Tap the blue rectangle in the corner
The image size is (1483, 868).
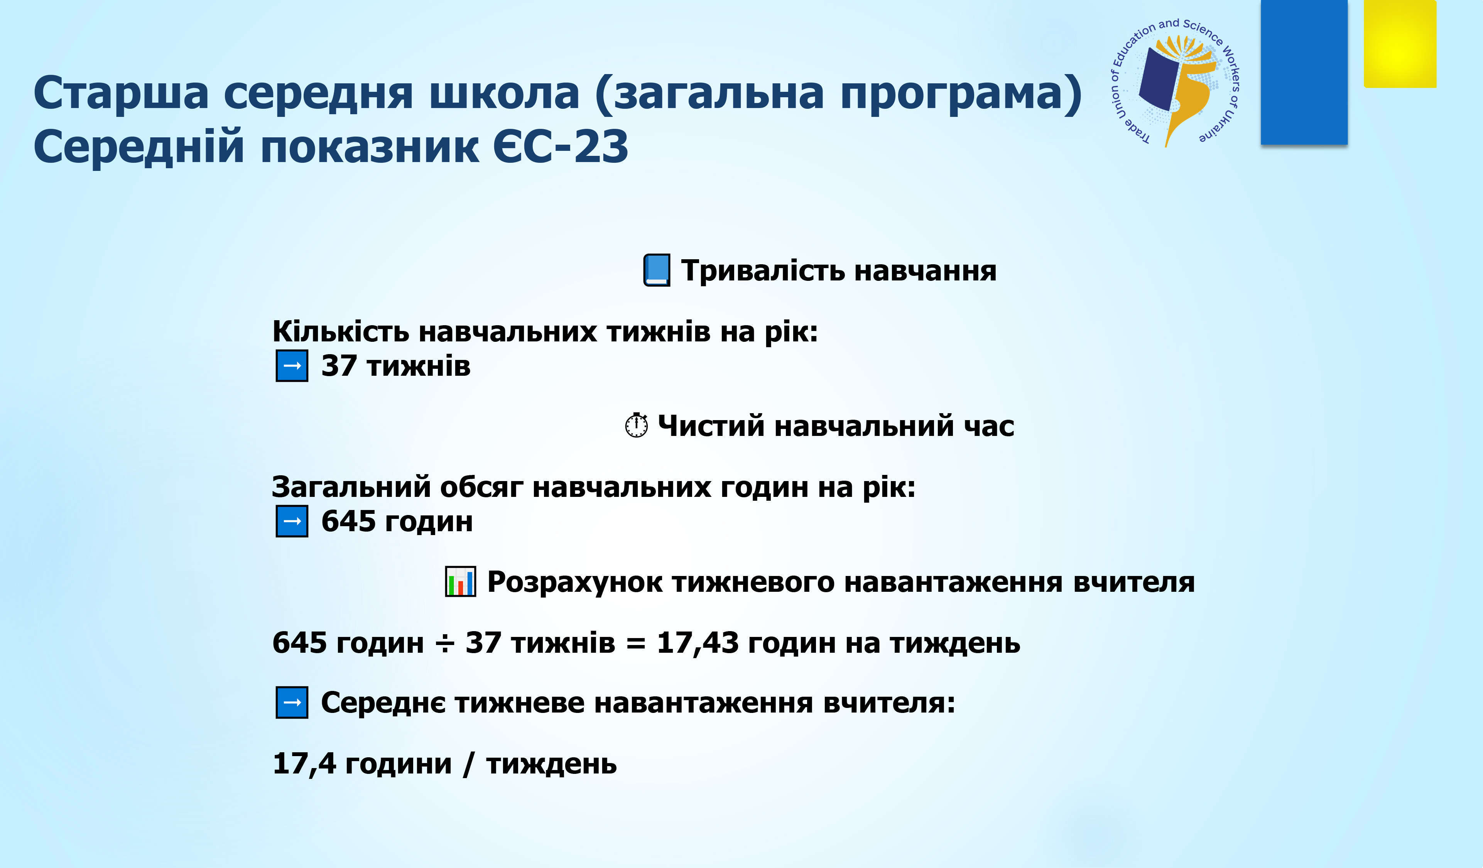[1304, 72]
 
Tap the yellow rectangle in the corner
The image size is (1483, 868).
[1400, 44]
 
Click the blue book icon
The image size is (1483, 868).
[657, 270]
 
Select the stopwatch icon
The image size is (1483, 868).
[636, 425]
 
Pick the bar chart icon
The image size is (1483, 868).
[460, 581]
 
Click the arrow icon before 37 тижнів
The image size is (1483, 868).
[292, 365]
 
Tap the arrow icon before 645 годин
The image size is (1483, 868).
[292, 521]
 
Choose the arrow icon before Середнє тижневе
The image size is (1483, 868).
[292, 702]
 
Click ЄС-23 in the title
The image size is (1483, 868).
[561, 147]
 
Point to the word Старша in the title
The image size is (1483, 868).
[121, 93]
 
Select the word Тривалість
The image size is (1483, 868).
[763, 271]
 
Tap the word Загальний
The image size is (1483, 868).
[351, 487]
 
